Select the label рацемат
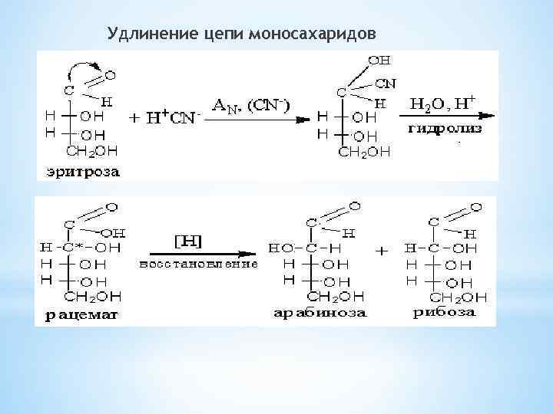(x=77, y=315)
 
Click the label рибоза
(x=445, y=312)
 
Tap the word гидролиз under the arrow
(x=446, y=128)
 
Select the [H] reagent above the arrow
(x=186, y=242)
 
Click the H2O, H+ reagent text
(x=443, y=102)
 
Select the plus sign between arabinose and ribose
(x=382, y=251)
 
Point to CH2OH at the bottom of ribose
(x=459, y=297)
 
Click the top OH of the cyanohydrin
(x=379, y=59)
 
